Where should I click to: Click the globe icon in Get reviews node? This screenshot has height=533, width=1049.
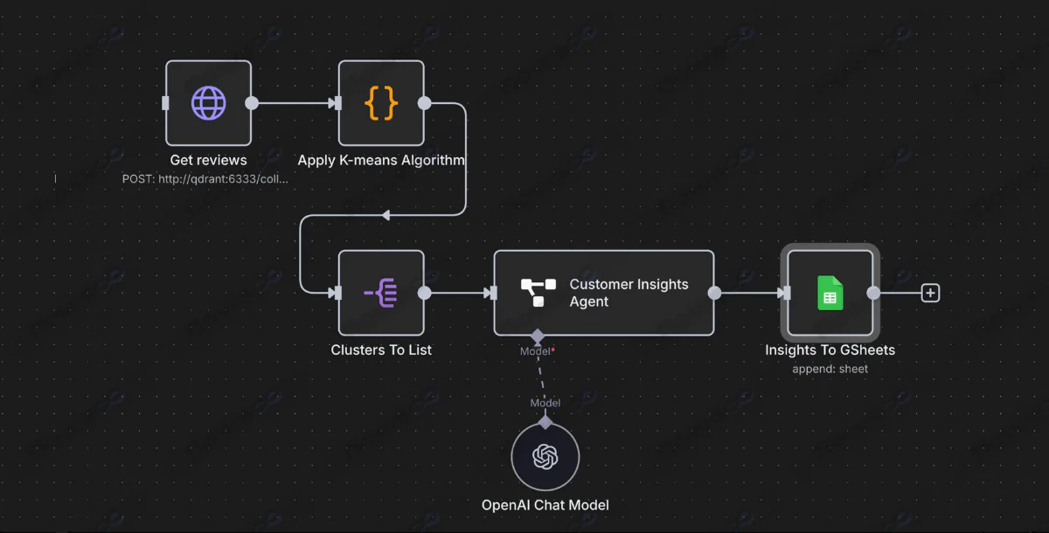click(208, 103)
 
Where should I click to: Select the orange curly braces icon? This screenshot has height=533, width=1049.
click(381, 103)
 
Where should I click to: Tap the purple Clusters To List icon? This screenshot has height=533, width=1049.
click(381, 293)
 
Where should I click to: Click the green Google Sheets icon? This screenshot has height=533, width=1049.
click(830, 293)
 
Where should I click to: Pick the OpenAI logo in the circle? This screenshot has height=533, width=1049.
click(545, 456)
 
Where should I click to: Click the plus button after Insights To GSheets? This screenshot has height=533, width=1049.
click(931, 293)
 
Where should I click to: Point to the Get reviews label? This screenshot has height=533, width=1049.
click(208, 160)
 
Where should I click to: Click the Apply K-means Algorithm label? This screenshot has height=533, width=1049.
click(381, 160)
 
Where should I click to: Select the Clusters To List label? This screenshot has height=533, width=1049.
click(381, 350)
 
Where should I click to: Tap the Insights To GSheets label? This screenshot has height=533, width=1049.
click(830, 350)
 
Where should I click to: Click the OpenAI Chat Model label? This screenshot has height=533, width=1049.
click(545, 505)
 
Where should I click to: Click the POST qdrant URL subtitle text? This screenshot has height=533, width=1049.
click(205, 178)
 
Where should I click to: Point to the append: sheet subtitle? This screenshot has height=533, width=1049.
click(830, 369)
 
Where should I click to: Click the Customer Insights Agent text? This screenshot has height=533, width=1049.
click(629, 293)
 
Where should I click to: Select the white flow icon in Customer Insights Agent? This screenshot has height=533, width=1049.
click(538, 293)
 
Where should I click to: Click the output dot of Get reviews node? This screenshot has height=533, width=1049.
click(252, 103)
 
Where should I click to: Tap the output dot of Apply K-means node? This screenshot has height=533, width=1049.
click(425, 103)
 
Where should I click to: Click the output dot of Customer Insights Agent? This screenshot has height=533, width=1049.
click(714, 293)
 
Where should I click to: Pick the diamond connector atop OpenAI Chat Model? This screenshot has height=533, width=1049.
click(545, 423)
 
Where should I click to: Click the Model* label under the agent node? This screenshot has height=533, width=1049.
click(538, 351)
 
